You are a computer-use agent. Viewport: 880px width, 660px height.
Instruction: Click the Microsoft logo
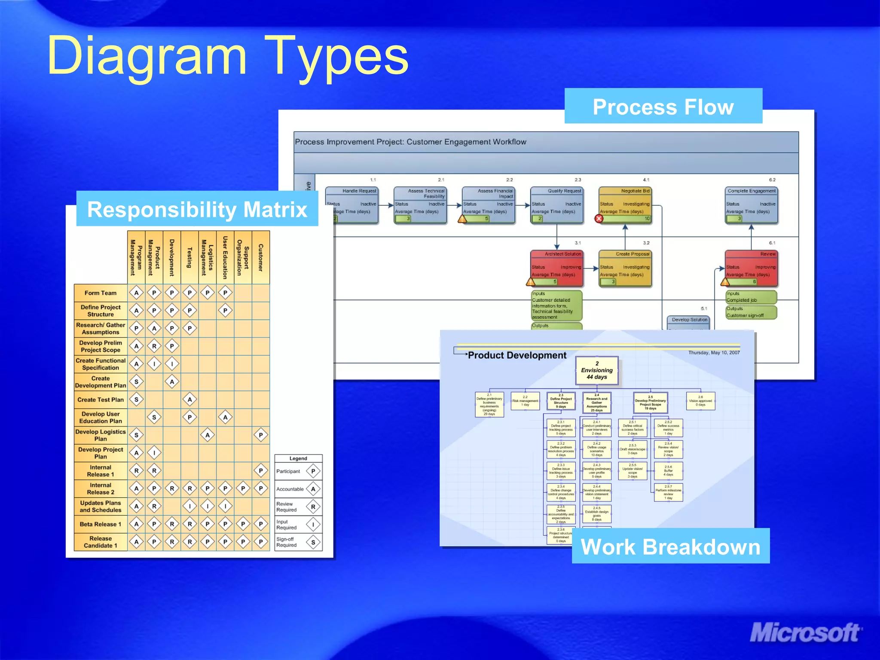click(x=805, y=633)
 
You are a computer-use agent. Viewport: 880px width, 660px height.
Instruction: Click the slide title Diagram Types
click(x=228, y=56)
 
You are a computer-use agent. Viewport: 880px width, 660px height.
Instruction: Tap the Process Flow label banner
click(x=663, y=107)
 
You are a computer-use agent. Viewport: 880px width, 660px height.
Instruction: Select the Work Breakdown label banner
click(x=670, y=547)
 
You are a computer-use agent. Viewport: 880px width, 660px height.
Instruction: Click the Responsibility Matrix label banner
click(x=197, y=209)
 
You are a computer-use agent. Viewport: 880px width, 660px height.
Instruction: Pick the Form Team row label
click(x=101, y=293)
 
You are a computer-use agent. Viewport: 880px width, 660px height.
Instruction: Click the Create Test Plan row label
click(x=101, y=400)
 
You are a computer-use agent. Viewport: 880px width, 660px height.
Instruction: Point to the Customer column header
click(x=260, y=257)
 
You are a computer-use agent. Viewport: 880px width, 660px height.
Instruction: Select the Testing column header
click(x=189, y=257)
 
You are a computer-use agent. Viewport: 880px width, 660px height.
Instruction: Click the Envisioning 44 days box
click(x=597, y=370)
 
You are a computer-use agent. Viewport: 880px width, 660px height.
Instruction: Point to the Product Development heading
click(x=517, y=355)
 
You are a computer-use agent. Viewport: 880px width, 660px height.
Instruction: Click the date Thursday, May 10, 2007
click(x=714, y=353)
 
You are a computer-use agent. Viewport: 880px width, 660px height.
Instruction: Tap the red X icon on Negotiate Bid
click(x=599, y=219)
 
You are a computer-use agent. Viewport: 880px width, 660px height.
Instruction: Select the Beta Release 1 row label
click(x=101, y=524)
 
